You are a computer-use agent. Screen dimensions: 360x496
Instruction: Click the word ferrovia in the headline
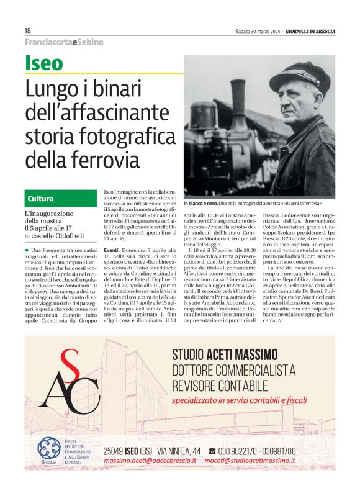[109, 160]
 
